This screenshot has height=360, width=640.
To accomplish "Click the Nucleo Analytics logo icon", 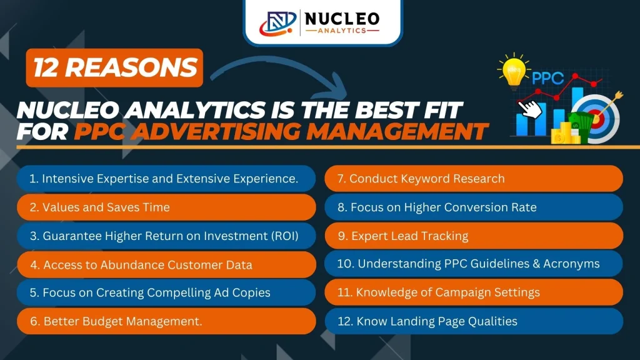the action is (278, 23).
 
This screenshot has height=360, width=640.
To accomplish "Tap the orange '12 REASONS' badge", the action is (114, 67).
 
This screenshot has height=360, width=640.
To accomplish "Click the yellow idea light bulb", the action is (514, 71).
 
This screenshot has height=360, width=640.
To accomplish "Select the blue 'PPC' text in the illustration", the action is (547, 78).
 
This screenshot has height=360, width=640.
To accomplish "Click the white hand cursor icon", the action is (530, 109).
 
